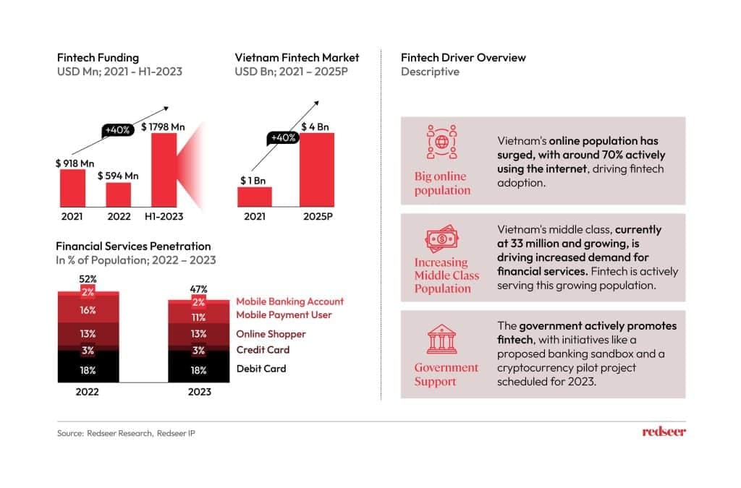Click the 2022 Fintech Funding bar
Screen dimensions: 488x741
tap(118, 194)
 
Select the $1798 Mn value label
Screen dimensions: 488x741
tap(162, 127)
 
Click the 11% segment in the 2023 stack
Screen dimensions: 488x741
tap(199, 317)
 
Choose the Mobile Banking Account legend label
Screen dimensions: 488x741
tap(289, 301)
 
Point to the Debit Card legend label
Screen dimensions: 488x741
tap(261, 369)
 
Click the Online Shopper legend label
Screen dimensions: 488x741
tap(271, 334)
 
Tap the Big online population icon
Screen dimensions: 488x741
tap(441, 142)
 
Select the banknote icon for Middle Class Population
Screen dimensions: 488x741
tap(441, 236)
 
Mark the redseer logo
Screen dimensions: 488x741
tap(664, 432)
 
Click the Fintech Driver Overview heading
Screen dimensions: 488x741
tap(463, 58)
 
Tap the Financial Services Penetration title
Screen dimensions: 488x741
tap(134, 247)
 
